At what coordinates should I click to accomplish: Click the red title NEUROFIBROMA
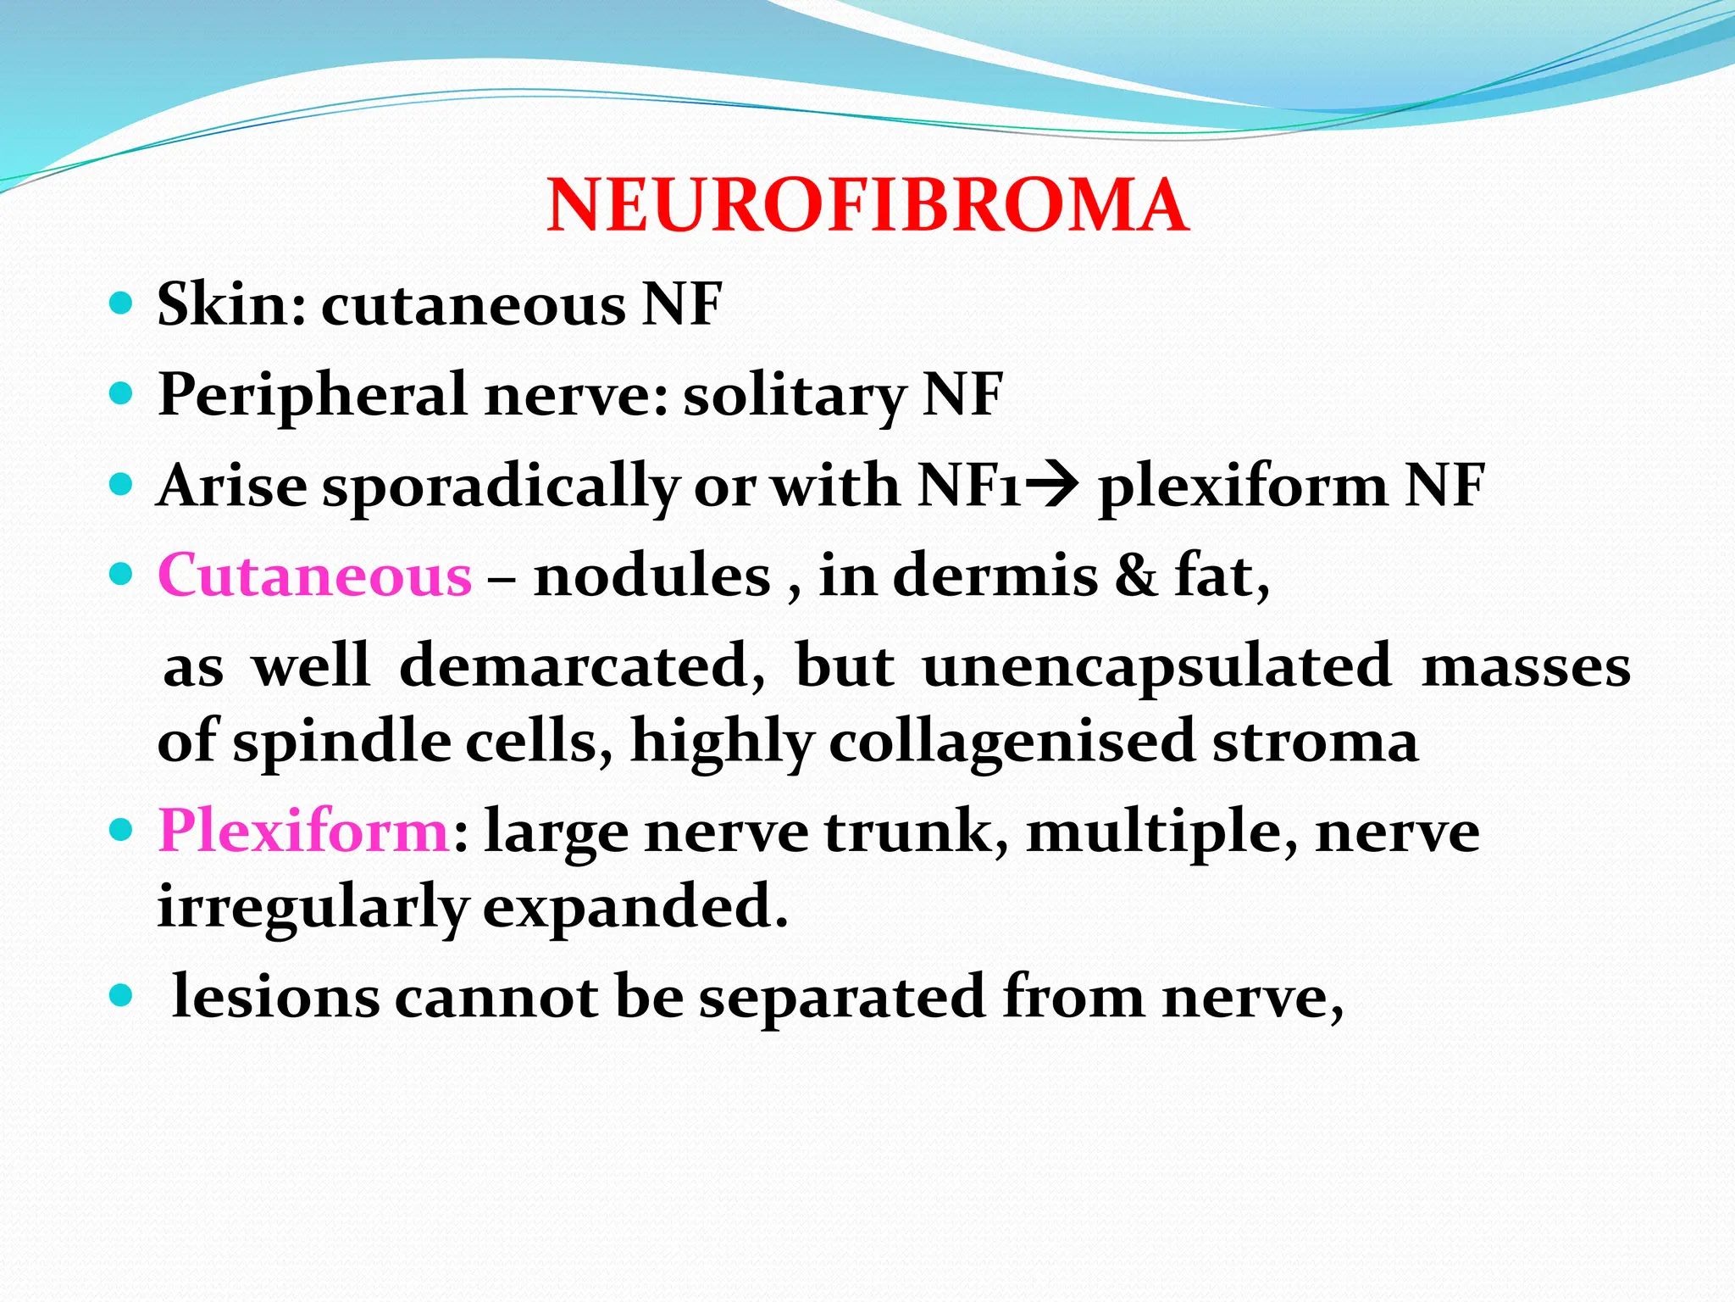pyautogui.click(x=867, y=206)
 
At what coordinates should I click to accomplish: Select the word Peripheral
pyautogui.click(x=313, y=395)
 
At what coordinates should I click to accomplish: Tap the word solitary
pyautogui.click(x=795, y=395)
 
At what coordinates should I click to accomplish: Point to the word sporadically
pyautogui.click(x=501, y=487)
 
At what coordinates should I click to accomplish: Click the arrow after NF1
pyautogui.click(x=1053, y=486)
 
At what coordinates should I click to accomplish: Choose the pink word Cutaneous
pyautogui.click(x=314, y=576)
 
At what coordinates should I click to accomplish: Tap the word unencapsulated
pyautogui.click(x=1156, y=666)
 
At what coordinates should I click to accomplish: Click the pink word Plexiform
pyautogui.click(x=303, y=831)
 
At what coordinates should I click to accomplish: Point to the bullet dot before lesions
pyautogui.click(x=122, y=995)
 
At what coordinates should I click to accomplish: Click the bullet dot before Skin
pyautogui.click(x=122, y=303)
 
